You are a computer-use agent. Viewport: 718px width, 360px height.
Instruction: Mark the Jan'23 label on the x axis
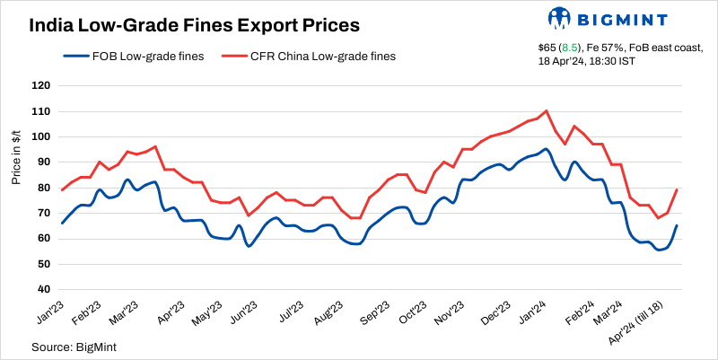click(x=48, y=312)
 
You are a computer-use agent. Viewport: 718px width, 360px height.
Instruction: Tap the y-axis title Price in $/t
click(x=17, y=156)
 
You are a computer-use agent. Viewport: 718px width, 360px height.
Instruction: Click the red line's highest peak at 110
click(x=547, y=111)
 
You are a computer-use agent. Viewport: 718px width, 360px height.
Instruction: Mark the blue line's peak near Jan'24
click(x=547, y=149)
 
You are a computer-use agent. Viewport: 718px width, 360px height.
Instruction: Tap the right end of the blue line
click(x=676, y=225)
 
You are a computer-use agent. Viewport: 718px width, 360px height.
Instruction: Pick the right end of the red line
click(x=676, y=189)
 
